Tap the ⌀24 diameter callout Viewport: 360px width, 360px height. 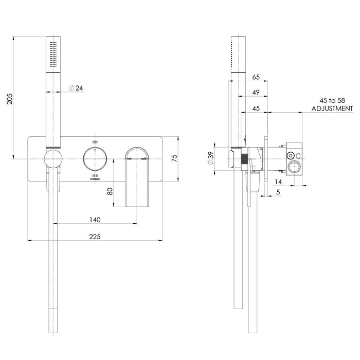(x=76, y=88)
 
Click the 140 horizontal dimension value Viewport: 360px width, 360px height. (x=95, y=219)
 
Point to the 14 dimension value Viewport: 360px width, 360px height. (x=278, y=181)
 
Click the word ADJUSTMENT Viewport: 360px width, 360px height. (x=332, y=109)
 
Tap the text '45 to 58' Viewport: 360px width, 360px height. (x=332, y=101)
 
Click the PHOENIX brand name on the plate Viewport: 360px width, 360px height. (x=94, y=179)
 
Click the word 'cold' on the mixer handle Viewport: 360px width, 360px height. (x=144, y=159)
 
